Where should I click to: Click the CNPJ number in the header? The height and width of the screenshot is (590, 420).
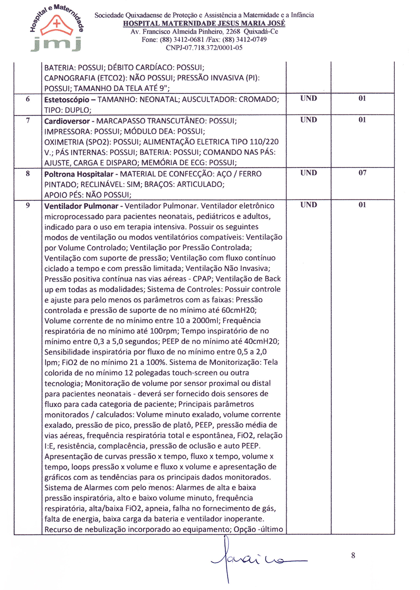[204, 48]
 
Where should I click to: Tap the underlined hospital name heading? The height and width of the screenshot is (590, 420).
[204, 24]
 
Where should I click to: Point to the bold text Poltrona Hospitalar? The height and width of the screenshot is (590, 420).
[79, 174]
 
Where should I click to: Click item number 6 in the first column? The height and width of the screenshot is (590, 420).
[28, 99]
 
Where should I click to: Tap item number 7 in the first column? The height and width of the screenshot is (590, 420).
[28, 121]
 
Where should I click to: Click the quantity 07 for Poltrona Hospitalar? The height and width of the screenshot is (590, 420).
[362, 173]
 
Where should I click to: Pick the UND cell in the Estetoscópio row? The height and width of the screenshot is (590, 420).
[309, 98]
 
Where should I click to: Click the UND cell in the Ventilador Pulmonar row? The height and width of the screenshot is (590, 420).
[309, 205]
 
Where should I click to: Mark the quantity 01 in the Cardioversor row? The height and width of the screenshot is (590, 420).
[362, 120]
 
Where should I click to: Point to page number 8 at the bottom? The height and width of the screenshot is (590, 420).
[353, 556]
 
